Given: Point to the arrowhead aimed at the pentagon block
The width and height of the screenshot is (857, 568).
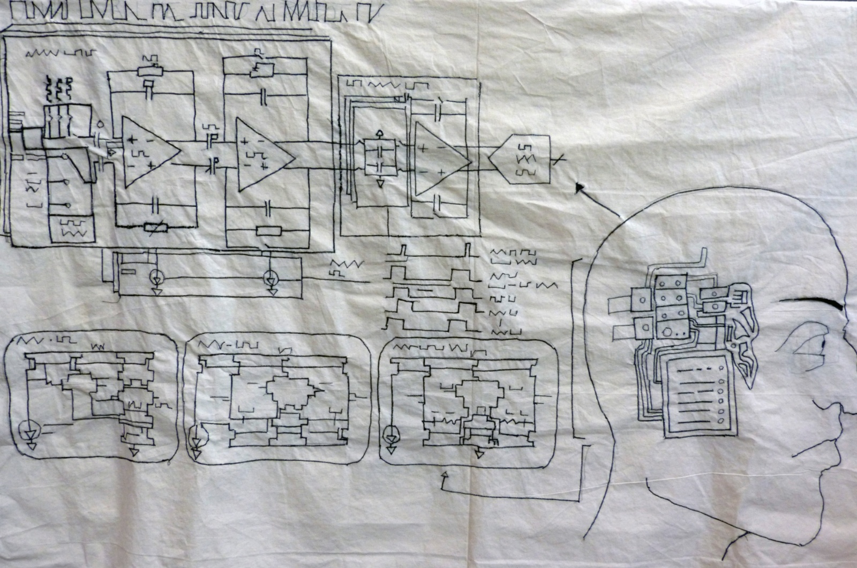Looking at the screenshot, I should point(579,187).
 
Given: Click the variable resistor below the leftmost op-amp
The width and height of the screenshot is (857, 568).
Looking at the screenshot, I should point(156,227).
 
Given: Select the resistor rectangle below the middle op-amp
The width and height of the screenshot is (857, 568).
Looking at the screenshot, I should point(268,231).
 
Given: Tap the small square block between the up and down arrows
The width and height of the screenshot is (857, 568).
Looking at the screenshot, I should point(380,158).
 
